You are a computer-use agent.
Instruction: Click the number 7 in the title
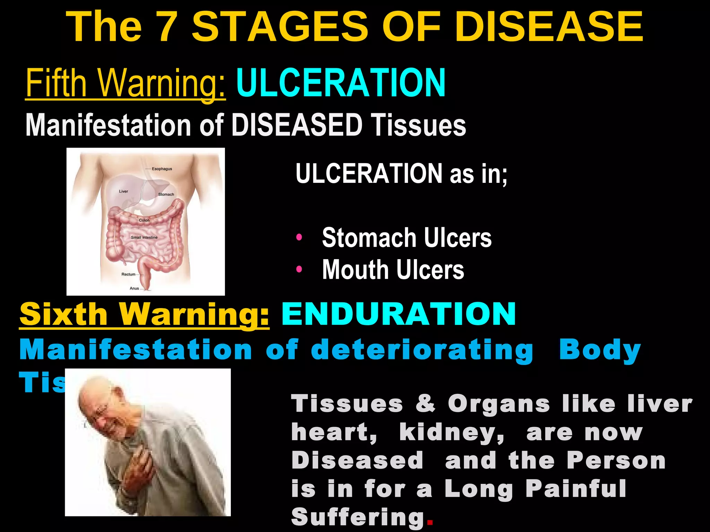click(x=165, y=27)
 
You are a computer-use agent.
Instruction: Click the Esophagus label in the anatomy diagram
click(x=162, y=169)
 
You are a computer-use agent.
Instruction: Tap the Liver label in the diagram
click(x=123, y=191)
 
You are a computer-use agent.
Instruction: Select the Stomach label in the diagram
click(x=166, y=194)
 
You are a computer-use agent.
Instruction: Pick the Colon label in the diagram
click(x=144, y=220)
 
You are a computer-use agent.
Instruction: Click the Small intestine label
click(x=144, y=238)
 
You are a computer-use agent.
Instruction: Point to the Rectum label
click(x=128, y=274)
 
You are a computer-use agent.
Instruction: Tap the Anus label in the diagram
click(x=134, y=288)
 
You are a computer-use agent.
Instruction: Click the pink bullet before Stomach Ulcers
click(x=299, y=238)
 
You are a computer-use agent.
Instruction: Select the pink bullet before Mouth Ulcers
click(x=299, y=269)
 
